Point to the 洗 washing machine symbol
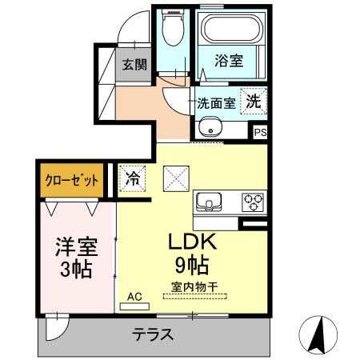point(252,102)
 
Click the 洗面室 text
point(216,103)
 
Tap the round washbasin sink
point(210,126)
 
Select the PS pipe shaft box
point(261,134)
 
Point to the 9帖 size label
point(192,265)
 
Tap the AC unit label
point(134,296)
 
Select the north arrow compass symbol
point(318,334)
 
